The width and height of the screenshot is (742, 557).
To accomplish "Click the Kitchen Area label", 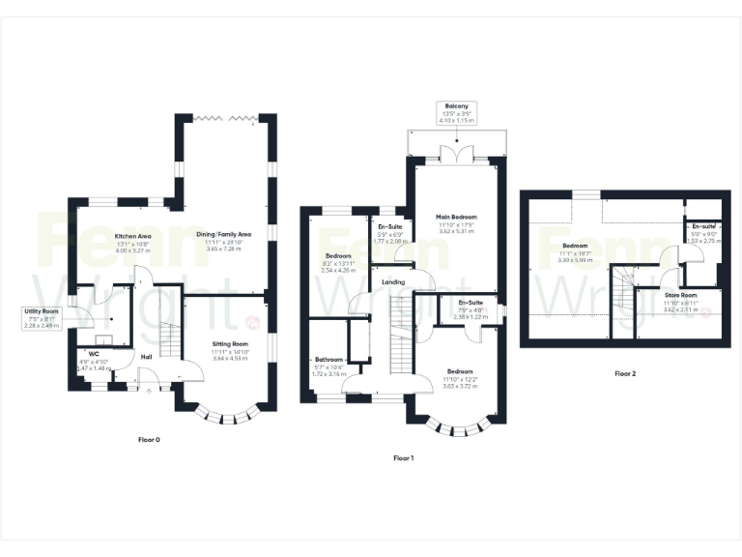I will tap(132, 235).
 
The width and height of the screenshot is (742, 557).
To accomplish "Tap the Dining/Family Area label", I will tap(224, 234).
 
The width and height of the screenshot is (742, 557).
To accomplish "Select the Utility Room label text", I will tap(43, 310).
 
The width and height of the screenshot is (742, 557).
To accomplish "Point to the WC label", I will tap(95, 353).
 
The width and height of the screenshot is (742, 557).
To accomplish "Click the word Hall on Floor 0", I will tap(146, 357).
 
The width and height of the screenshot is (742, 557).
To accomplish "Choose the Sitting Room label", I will tap(230, 344).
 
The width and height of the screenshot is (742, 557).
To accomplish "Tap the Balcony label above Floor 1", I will tap(457, 105).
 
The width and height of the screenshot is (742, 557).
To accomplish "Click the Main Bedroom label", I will tap(456, 218).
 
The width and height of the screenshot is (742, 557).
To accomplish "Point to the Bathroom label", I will tap(330, 359).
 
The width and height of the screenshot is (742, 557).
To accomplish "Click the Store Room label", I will tap(681, 294).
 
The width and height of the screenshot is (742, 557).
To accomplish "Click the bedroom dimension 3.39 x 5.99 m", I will tap(577, 259).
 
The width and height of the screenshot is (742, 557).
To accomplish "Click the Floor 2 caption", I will tap(626, 372).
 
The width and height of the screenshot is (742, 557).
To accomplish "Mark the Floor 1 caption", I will tap(404, 457).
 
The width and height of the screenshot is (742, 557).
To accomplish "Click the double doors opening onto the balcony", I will tap(454, 154).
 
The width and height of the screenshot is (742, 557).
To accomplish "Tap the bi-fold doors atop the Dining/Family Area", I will tap(224, 118).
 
